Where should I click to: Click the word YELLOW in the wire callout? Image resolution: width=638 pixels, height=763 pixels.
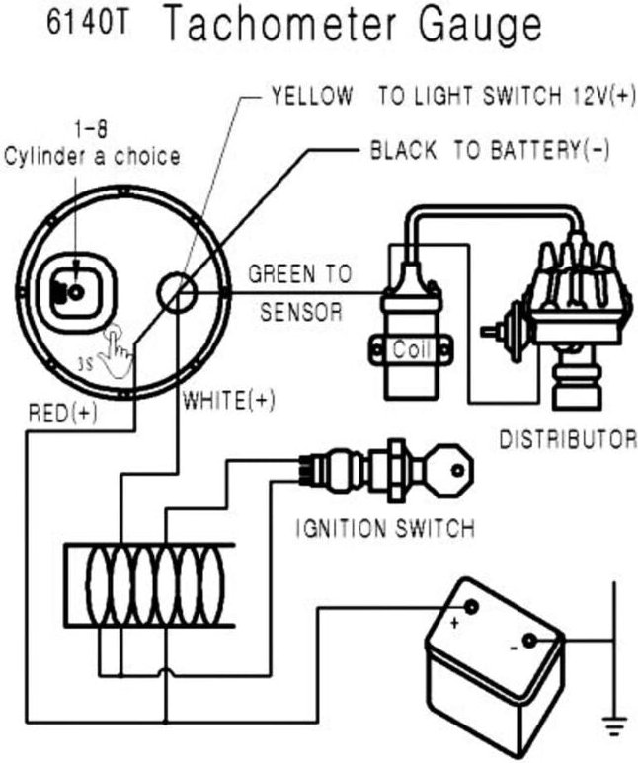[311, 96]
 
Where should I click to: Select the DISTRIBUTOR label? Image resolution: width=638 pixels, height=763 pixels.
[567, 438]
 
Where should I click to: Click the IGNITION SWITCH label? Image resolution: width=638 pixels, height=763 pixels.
[385, 528]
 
